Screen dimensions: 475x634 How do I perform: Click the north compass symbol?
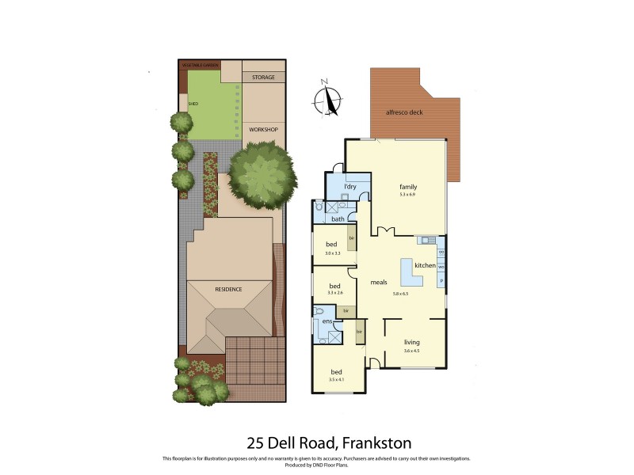coord(327,101)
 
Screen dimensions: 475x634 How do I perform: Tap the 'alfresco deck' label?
coord(404,112)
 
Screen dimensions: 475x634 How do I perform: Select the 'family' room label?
coord(408,187)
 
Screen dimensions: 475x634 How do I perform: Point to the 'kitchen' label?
coord(424,265)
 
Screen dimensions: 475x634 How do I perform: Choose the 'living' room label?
coord(411,342)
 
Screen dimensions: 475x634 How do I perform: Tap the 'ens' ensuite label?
coord(327,321)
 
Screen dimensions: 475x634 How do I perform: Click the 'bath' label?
coord(338,218)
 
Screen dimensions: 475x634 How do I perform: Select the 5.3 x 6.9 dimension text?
coord(408,194)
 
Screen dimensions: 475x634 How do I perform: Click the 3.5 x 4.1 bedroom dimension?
coord(337,380)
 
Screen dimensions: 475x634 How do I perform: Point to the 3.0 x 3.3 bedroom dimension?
coord(333,253)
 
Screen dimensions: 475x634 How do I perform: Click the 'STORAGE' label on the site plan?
coord(263,78)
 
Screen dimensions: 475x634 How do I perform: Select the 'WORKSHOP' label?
coord(262,128)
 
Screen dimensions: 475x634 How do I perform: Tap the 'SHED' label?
coord(193,104)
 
